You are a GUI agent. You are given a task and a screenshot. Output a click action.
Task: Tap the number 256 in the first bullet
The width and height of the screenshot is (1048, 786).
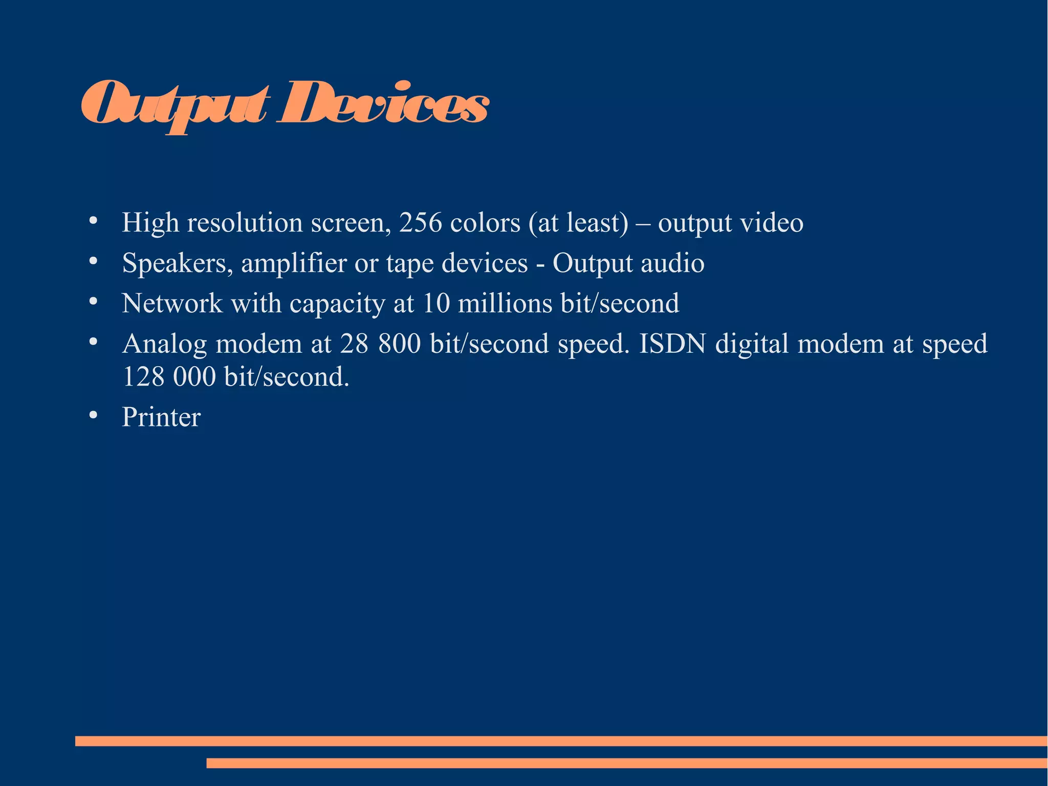(420, 223)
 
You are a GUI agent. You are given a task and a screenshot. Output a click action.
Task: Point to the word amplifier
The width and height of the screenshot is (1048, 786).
(294, 263)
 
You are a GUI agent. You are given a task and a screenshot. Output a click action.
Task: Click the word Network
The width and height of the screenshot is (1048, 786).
(172, 303)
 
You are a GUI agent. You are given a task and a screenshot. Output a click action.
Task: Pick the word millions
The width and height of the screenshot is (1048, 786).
(505, 303)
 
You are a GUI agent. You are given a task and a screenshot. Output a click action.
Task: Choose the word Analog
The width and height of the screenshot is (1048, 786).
(164, 344)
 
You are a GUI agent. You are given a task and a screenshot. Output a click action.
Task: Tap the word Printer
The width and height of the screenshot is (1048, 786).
(161, 417)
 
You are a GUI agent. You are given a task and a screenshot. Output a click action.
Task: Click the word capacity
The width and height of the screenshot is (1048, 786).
(337, 304)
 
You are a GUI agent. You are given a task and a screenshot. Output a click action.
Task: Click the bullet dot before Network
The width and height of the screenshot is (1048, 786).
(93, 302)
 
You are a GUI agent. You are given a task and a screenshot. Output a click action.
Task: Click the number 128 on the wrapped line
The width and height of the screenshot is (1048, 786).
(144, 377)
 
